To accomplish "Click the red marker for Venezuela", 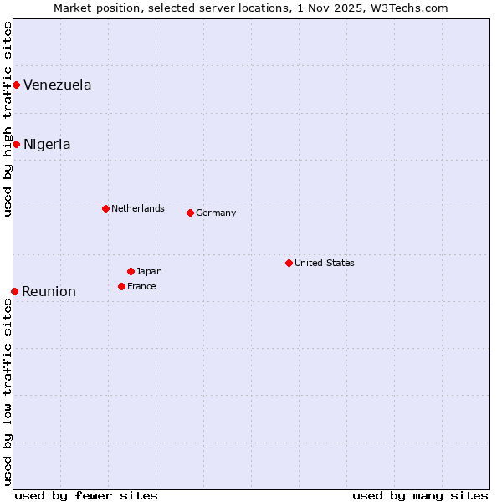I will pyautogui.click(x=16, y=85).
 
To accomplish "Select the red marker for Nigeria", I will pyautogui.click(x=16, y=144).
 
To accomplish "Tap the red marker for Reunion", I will pyautogui.click(x=14, y=291).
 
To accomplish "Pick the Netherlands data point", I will pyautogui.click(x=105, y=208).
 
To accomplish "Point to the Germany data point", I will pyautogui.click(x=190, y=213).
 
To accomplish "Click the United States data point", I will pyautogui.click(x=289, y=263).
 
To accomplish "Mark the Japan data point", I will pyautogui.click(x=131, y=271).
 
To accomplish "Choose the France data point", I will pyautogui.click(x=121, y=286).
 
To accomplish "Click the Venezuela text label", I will pyautogui.click(x=58, y=85).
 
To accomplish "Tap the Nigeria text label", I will pyautogui.click(x=47, y=144).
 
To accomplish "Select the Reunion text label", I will pyautogui.click(x=49, y=291).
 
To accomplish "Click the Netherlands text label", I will pyautogui.click(x=138, y=208).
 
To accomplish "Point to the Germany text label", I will pyautogui.click(x=216, y=213).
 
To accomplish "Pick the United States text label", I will pyautogui.click(x=325, y=263).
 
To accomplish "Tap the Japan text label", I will pyautogui.click(x=149, y=271).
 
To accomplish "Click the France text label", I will pyautogui.click(x=141, y=286).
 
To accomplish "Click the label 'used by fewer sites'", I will pyautogui.click(x=86, y=495).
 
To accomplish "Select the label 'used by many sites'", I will pyautogui.click(x=420, y=495).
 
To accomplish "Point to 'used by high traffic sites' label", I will pyautogui.click(x=8, y=119).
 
